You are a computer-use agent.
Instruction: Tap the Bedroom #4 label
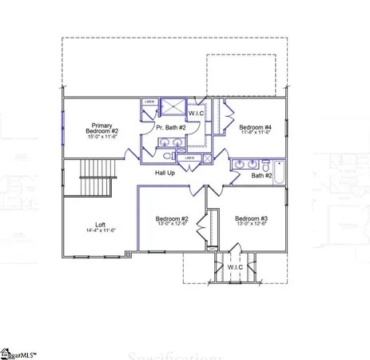click(256, 127)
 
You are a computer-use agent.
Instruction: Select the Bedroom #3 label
click(251, 218)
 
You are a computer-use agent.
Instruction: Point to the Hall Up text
click(165, 173)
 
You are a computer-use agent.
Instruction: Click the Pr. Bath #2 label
click(170, 127)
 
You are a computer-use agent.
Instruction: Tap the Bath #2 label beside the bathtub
click(262, 175)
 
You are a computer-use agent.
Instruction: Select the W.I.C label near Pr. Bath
click(197, 113)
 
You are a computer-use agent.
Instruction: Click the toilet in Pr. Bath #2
click(169, 157)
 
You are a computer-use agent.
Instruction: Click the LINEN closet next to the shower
click(149, 102)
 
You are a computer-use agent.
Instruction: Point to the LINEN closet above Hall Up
click(189, 158)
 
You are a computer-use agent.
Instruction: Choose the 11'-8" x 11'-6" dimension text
click(256, 134)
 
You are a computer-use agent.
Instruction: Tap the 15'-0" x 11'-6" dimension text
click(102, 137)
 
